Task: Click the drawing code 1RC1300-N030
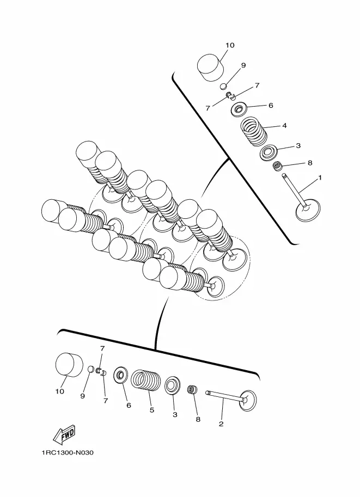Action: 66,452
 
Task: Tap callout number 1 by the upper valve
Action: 320,177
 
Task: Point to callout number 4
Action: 284,125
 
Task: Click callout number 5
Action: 152,410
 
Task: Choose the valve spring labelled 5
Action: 145,380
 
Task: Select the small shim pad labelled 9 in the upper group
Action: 223,85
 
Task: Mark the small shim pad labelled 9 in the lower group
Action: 91,371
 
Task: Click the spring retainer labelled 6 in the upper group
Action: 240,109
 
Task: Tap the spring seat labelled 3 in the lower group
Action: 173,384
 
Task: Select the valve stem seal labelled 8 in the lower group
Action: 192,390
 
